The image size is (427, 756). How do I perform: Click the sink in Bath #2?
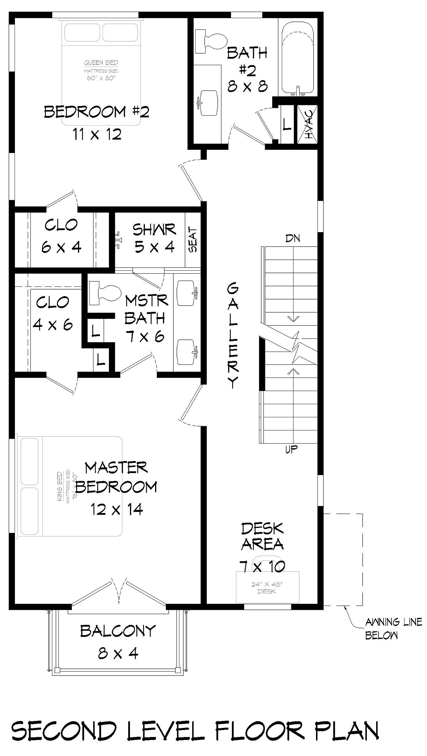(x=208, y=103)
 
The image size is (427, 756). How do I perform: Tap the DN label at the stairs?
(x=292, y=238)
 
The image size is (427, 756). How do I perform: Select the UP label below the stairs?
(x=291, y=450)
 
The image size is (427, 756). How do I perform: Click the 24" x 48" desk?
(x=268, y=587)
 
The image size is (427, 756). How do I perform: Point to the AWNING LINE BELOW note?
(x=393, y=628)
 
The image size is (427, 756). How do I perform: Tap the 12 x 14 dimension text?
(x=116, y=509)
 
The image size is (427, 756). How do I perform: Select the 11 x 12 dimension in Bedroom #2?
(x=97, y=134)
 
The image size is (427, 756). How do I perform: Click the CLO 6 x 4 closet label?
(x=61, y=236)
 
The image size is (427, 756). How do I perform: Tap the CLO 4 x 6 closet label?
(x=53, y=313)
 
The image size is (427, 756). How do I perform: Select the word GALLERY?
(x=232, y=335)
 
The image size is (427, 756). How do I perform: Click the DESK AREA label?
(x=263, y=536)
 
